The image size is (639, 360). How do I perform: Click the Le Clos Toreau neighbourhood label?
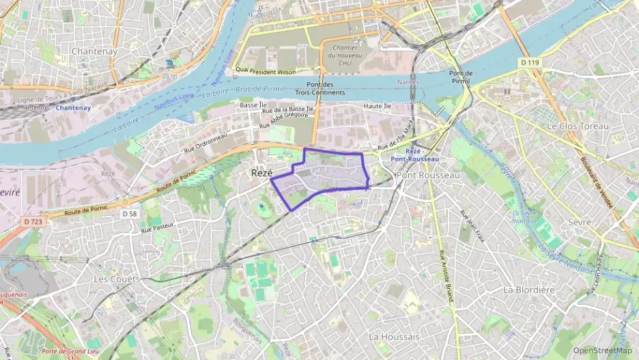[578, 126]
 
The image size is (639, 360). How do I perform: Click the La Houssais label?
[394, 337]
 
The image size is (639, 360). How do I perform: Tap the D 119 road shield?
[530, 63]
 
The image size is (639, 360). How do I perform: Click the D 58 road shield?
[130, 214]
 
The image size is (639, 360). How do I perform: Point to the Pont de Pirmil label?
[461, 77]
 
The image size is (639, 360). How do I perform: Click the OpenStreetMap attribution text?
[603, 350]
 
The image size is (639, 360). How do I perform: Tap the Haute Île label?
[378, 106]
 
